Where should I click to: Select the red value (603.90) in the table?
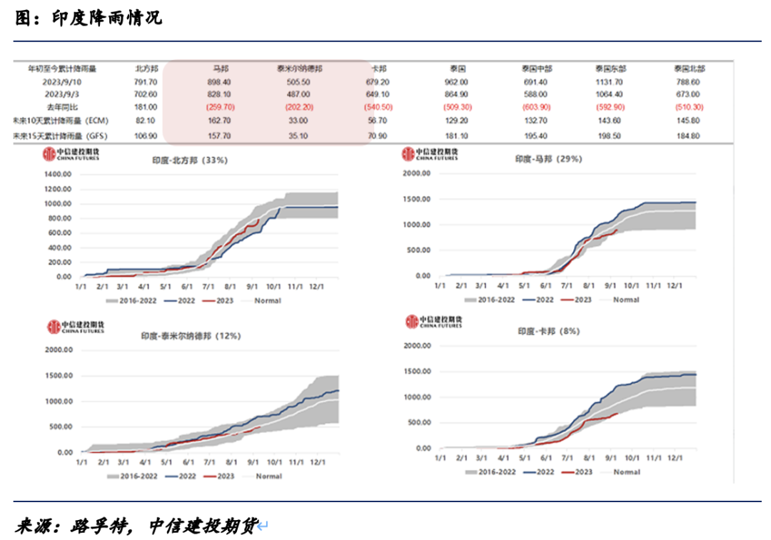click(x=536, y=107)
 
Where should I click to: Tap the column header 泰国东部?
click(x=611, y=69)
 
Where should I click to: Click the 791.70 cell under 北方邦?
click(x=146, y=82)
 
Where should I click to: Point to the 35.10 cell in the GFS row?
click(x=298, y=135)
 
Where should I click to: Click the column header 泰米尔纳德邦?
click(x=299, y=69)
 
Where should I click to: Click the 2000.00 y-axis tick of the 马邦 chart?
click(x=417, y=173)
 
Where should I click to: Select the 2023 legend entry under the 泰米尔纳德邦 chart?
click(x=223, y=475)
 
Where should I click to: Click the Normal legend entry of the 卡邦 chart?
click(x=625, y=472)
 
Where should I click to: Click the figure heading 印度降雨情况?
click(x=106, y=19)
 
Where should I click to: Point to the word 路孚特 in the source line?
click(x=97, y=526)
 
